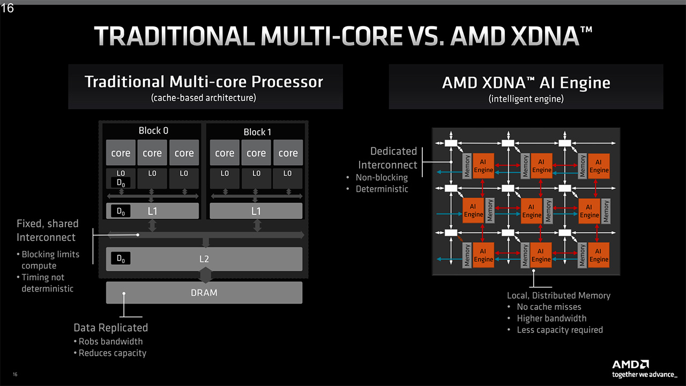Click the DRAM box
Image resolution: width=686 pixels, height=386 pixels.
[204, 293]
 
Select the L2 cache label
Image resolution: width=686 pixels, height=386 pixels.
[204, 259]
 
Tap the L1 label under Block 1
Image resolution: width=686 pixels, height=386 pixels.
[256, 211]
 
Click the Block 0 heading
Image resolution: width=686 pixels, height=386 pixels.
[153, 131]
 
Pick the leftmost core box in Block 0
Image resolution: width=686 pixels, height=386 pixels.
[121, 153]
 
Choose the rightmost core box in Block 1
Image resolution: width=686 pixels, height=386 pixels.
[288, 153]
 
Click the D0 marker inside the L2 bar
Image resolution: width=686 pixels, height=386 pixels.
[121, 258]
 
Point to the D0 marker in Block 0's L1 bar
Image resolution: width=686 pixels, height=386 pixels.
[121, 211]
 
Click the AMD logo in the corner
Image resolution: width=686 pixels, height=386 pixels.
[631, 365]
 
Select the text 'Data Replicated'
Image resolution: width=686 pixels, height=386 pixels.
[110, 328]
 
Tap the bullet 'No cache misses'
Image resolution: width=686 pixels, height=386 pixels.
[549, 307]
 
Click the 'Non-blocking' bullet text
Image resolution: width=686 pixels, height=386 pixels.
[382, 177]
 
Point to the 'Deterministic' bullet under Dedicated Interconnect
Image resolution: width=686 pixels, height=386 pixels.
[382, 189]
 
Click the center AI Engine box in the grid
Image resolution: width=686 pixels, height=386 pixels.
[531, 211]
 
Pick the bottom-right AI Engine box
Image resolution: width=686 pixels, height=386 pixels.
[599, 255]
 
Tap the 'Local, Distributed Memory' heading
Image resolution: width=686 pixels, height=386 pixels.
[558, 295]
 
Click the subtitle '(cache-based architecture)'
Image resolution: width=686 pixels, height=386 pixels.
[204, 98]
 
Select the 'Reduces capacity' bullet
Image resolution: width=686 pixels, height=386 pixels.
[112, 353]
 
